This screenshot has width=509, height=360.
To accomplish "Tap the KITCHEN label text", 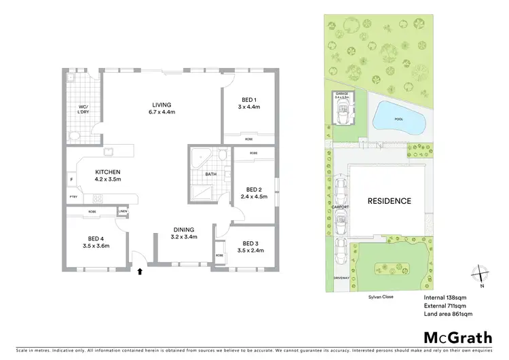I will click(x=107, y=172).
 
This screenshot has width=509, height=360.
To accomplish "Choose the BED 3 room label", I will click(x=251, y=243).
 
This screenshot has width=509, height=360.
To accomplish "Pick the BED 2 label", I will click(x=254, y=190).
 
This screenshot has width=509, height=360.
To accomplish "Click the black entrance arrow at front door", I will click(x=140, y=272).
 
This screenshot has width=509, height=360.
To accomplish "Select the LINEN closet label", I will click(x=123, y=211).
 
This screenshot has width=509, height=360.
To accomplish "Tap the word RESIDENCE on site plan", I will click(x=389, y=201).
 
